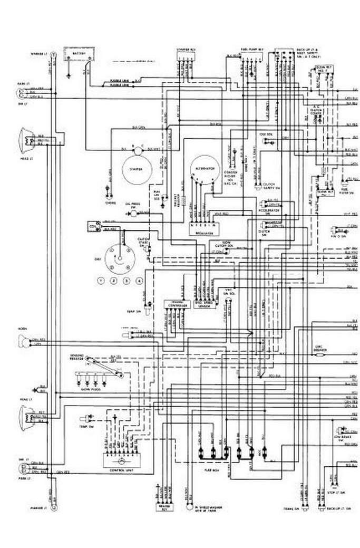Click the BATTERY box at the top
[x=78, y=54]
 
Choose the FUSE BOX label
[x=211, y=467]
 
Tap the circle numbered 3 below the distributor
[x=127, y=281]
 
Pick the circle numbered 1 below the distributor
[x=101, y=281]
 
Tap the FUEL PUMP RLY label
[x=249, y=50]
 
